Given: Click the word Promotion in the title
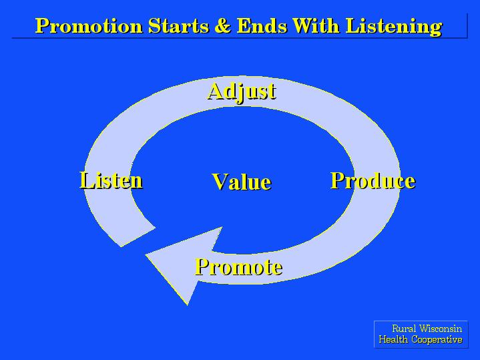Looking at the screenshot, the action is point(89,26).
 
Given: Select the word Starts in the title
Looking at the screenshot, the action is point(178,26).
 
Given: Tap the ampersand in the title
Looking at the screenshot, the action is point(222,26).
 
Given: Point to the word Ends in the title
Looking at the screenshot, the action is point(262,26).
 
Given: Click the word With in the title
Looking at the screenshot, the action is point(316,26).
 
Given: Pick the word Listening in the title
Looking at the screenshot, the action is point(394,27).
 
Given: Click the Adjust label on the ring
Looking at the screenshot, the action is point(242,92).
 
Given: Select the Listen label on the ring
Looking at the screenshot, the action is point(111,180).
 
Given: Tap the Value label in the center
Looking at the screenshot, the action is point(242,182).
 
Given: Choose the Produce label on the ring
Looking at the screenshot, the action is point(373,180).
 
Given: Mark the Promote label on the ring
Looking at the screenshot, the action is point(238,266).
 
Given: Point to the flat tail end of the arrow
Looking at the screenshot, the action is point(138,236).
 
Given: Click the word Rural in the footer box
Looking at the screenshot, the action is point(404,329).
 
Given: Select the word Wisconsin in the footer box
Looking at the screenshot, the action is point(441,329).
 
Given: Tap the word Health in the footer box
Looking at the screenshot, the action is point(393,339).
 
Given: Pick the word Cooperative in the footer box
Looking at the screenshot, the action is point(437,340).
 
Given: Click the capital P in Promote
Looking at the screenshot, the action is point(202,266).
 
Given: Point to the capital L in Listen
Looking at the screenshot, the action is point(87,180).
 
